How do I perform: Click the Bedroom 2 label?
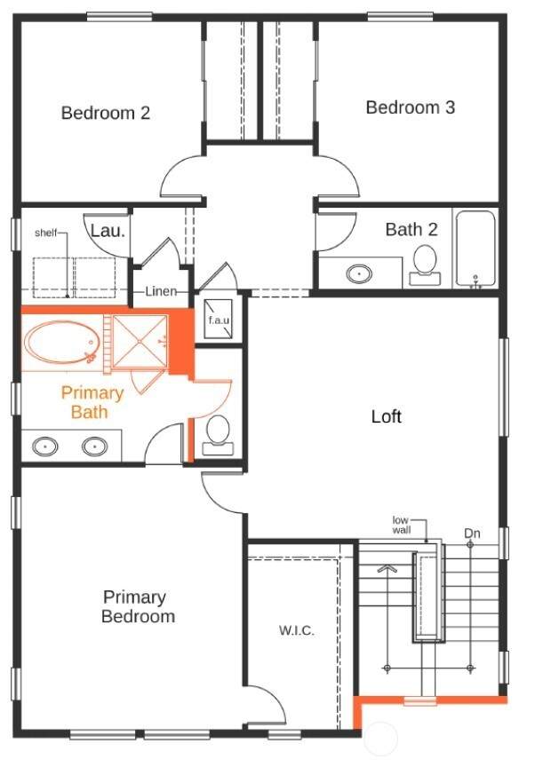tap(105, 113)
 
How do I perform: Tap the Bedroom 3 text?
tap(411, 107)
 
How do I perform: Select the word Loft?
tap(387, 416)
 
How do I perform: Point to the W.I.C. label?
tap(297, 630)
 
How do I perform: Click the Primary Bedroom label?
tap(138, 606)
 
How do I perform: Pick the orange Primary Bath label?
tap(92, 402)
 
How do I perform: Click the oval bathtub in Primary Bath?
tap(61, 342)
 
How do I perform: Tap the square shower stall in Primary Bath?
tap(140, 341)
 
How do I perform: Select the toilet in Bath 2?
tap(425, 265)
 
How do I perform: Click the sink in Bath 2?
tap(359, 273)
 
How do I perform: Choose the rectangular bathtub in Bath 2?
tap(475, 248)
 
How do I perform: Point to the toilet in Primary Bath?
tap(218, 435)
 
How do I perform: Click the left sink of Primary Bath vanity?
tap(45, 446)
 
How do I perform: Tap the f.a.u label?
tap(219, 320)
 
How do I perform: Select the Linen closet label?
tap(161, 291)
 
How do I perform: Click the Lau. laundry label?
tap(108, 230)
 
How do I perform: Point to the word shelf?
tap(46, 233)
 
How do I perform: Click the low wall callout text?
tap(401, 525)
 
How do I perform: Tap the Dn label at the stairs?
tap(472, 534)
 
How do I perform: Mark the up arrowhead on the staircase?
tap(387, 568)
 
